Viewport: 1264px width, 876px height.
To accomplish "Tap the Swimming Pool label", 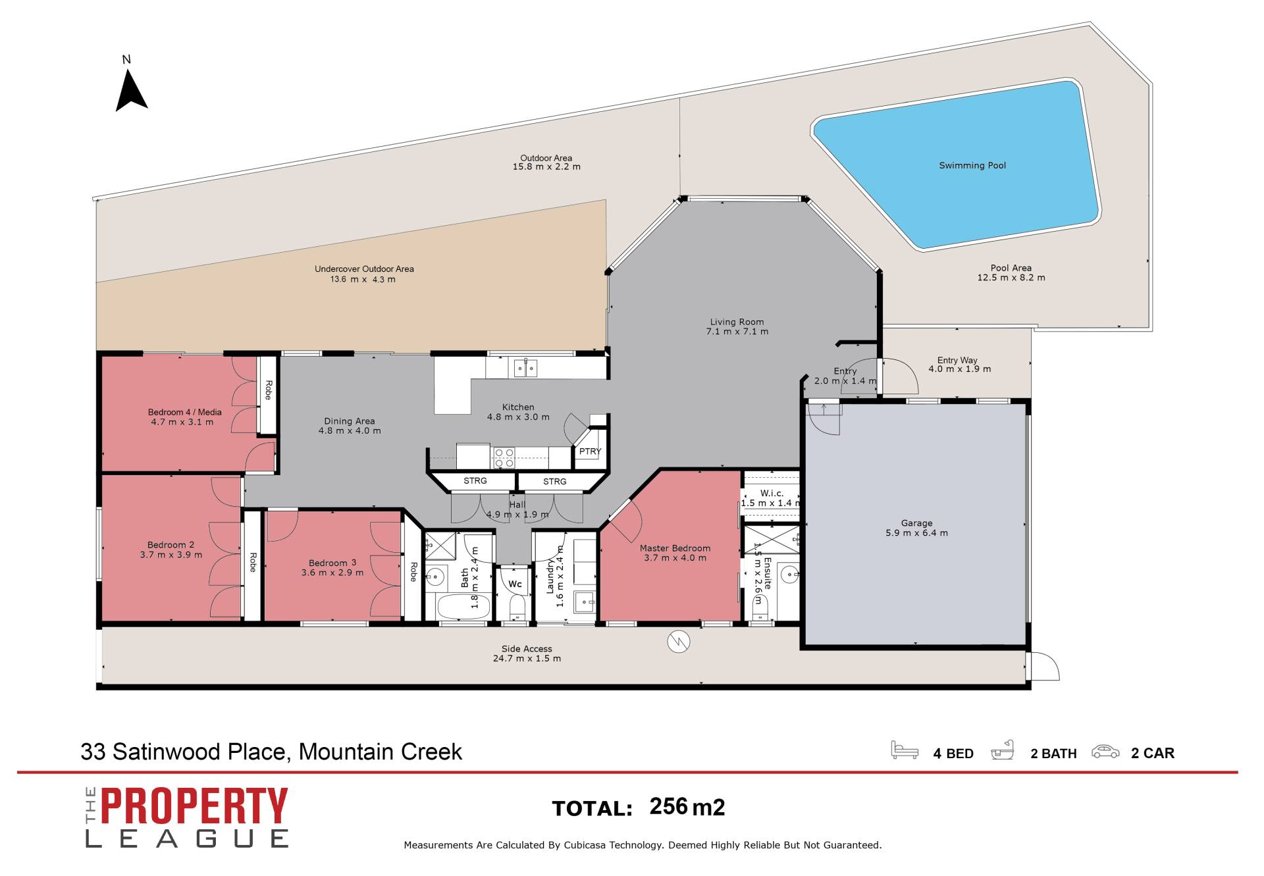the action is tap(972, 165).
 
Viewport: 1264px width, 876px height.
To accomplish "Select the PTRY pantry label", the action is tap(590, 451).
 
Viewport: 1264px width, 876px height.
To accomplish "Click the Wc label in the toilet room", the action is tap(515, 584).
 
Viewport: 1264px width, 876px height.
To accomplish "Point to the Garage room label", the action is tap(916, 523).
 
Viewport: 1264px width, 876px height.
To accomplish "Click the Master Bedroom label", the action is tap(675, 548).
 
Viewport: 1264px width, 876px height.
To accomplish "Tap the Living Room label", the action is tap(737, 322).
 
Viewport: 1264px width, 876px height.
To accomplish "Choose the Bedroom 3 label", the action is tap(332, 563).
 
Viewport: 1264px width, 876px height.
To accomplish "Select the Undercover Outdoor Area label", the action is tap(364, 269).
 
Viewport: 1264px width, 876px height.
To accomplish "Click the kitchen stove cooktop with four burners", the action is tap(504, 457).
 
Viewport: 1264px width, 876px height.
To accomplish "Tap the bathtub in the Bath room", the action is tap(464, 606).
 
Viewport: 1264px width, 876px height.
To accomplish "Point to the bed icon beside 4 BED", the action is tap(905, 750).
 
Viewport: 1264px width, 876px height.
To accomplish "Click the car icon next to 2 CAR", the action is tap(1105, 751).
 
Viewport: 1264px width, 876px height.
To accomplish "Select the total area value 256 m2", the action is tap(687, 807).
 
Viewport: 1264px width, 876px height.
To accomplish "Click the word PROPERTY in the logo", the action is tap(194, 806).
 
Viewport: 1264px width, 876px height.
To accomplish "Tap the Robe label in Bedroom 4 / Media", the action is tap(268, 390).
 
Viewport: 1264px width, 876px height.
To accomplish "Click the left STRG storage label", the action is tap(475, 481).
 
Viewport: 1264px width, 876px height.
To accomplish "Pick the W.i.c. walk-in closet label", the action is tap(772, 493).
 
